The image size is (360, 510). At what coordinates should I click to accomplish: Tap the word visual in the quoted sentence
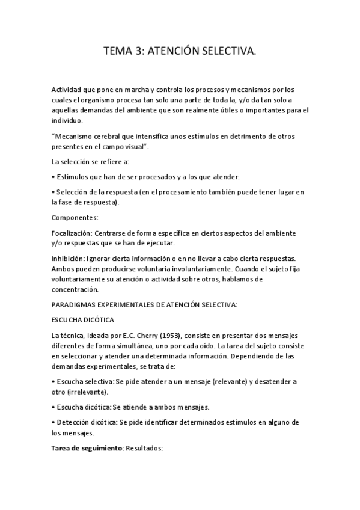[x=152, y=146]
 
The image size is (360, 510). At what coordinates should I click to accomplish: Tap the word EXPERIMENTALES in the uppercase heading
[x=129, y=305]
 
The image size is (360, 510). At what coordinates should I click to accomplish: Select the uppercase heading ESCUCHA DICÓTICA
[x=82, y=321]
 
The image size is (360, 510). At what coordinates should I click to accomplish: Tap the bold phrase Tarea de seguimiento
[x=87, y=449]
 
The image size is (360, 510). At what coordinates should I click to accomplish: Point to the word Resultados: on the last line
[x=144, y=449]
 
